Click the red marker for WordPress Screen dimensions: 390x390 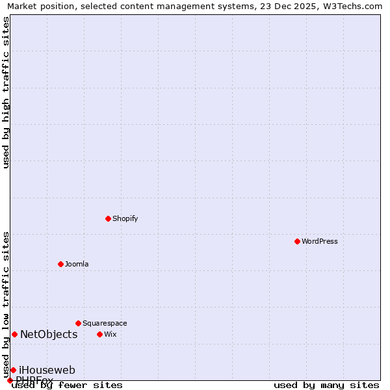click(297, 241)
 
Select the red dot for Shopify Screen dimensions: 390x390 click(108, 218)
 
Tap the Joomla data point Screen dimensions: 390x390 click(60, 264)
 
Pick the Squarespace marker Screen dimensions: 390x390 click(78, 323)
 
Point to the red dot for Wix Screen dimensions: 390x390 click(99, 334)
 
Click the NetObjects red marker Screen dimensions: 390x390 click(14, 334)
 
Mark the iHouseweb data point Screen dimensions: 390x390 click(13, 370)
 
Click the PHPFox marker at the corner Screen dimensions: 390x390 click(10, 380)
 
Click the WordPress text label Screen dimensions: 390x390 click(320, 241)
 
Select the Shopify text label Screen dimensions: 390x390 click(125, 218)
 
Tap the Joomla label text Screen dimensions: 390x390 click(77, 264)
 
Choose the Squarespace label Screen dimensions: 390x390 click(105, 323)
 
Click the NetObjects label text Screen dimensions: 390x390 click(49, 335)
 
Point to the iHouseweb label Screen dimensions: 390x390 click(47, 370)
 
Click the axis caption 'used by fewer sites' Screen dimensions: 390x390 click(67, 385)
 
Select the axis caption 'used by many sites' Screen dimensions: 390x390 click(326, 385)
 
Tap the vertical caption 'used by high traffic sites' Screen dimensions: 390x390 click(6, 92)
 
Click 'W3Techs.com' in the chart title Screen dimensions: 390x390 click(355, 6)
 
